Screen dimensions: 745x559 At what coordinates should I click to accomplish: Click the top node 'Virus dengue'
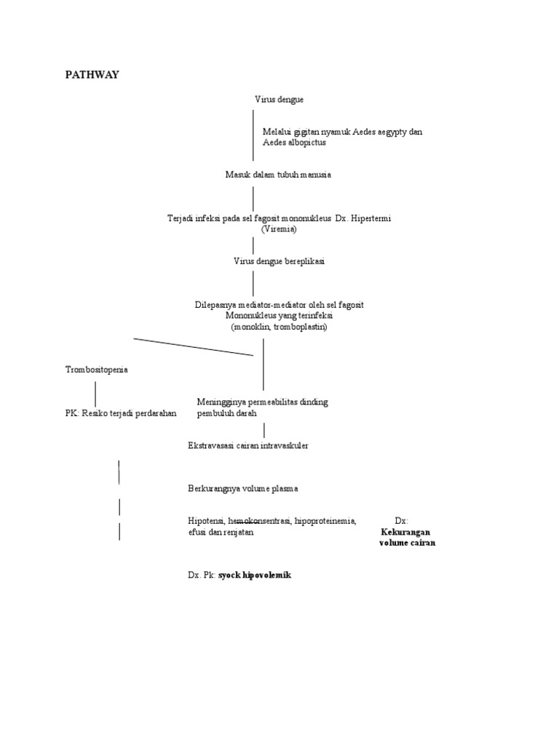[x=279, y=99]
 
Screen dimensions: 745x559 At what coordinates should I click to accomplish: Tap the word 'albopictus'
[x=305, y=143]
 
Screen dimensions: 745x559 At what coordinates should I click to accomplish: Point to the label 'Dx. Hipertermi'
[x=362, y=218]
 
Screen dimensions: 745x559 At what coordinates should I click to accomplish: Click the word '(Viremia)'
[x=279, y=228]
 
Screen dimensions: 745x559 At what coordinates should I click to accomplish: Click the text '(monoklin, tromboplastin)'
[x=279, y=327]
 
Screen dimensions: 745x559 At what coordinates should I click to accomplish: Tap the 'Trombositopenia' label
[x=97, y=370]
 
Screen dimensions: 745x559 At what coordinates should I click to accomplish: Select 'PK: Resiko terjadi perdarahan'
[x=121, y=413]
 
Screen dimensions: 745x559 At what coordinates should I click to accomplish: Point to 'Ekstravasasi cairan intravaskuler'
[x=248, y=445]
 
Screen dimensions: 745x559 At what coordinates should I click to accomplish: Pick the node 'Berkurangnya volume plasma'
[x=242, y=488]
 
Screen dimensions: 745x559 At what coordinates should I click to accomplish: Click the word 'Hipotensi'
[x=206, y=521]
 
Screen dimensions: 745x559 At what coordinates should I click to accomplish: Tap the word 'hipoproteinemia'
[x=325, y=521]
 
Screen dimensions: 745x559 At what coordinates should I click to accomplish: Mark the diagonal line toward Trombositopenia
[x=193, y=347]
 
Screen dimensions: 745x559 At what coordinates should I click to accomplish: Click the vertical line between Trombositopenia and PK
[x=95, y=394]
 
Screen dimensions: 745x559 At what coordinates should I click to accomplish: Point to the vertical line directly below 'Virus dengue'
[x=253, y=135]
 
